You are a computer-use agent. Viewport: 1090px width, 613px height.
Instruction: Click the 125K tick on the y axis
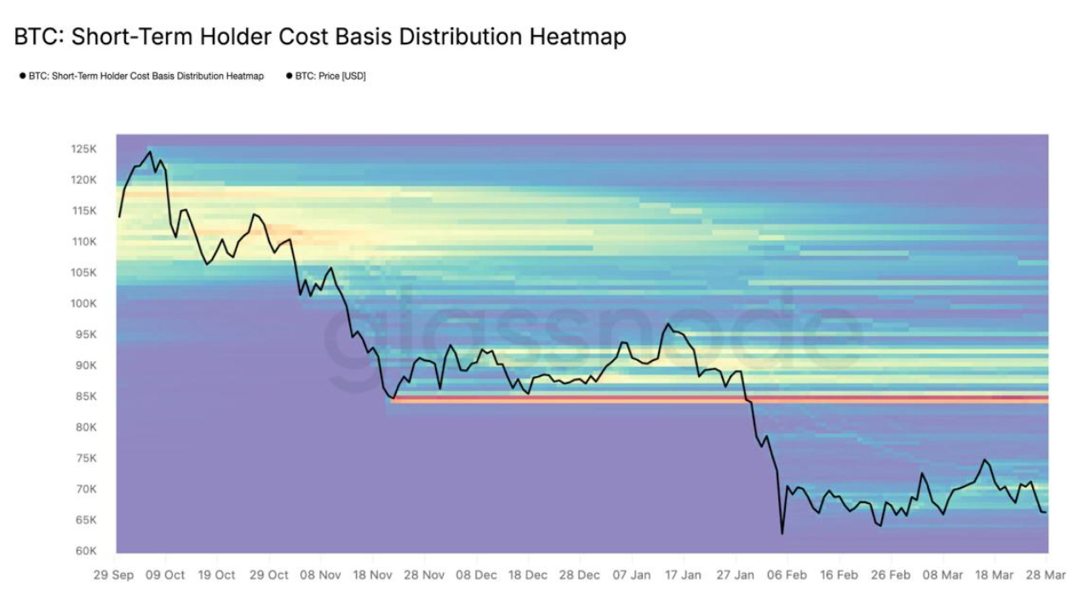pos(83,149)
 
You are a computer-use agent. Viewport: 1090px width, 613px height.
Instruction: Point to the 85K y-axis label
pos(83,396)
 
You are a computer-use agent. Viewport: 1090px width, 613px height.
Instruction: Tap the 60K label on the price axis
pos(83,551)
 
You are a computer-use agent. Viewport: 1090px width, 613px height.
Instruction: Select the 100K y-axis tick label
pos(83,303)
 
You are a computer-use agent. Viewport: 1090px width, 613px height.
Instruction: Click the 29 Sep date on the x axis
pos(112,575)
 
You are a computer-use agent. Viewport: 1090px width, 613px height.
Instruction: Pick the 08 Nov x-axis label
pos(320,575)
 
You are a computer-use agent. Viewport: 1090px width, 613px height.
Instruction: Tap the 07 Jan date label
pos(632,575)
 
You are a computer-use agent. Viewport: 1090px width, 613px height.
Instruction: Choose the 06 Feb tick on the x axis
pos(788,575)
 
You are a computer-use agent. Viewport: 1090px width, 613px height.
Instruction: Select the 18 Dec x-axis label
pos(528,575)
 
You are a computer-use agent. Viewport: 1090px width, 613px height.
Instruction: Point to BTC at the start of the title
pos(37,37)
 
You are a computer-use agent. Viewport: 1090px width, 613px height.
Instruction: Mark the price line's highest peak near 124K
pos(151,152)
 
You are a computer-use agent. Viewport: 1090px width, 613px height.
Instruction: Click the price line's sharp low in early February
pos(782,534)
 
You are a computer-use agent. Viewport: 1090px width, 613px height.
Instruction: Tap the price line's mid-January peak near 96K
pos(668,324)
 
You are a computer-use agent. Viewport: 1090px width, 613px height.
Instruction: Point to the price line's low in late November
pos(393,398)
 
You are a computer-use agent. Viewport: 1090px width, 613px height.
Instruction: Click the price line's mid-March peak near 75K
pos(984,460)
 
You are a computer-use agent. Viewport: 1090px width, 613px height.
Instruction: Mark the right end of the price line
pos(1046,512)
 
